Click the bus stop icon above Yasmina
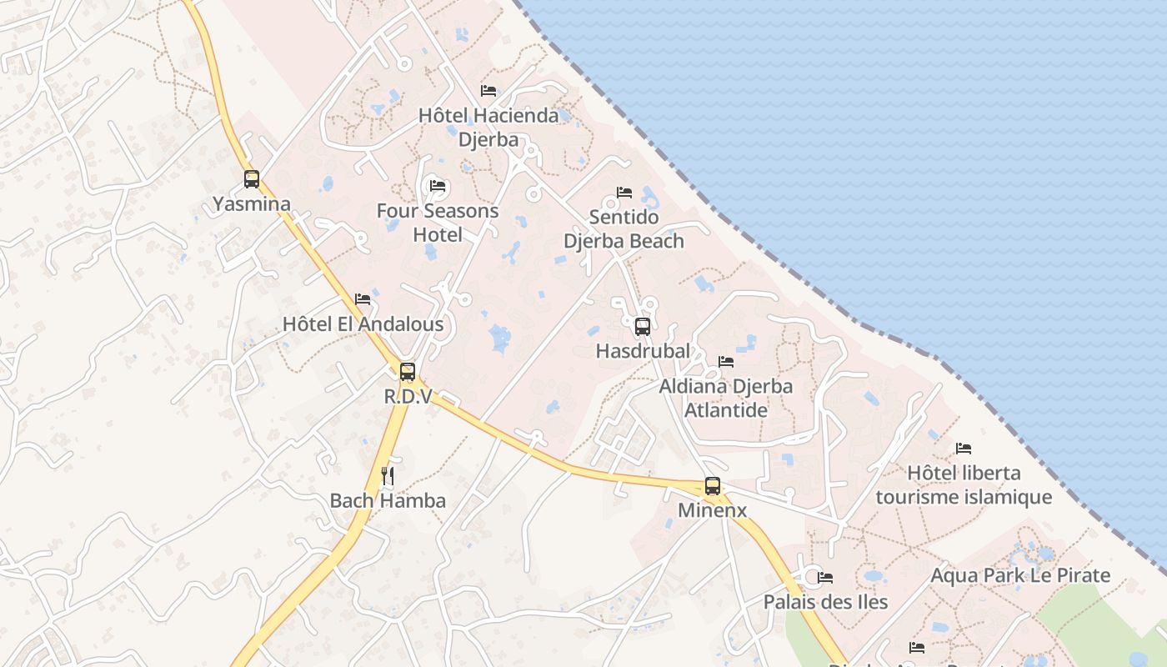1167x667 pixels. click(252, 179)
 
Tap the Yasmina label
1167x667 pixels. click(252, 204)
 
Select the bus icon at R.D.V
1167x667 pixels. click(407, 372)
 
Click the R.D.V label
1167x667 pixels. click(408, 397)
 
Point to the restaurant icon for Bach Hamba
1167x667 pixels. click(387, 476)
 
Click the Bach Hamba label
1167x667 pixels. click(388, 501)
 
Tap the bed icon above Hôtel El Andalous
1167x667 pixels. click(363, 298)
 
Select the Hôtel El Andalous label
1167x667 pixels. click(363, 323)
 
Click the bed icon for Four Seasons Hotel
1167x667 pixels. click(438, 186)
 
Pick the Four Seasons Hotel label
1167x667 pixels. click(438, 223)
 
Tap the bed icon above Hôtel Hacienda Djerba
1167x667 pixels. click(488, 90)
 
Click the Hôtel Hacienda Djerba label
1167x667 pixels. click(488, 127)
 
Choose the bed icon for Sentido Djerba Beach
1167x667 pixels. click(624, 193)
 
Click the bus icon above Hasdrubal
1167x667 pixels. click(642, 327)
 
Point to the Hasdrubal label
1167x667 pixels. click(643, 352)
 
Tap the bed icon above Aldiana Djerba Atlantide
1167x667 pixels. click(726, 362)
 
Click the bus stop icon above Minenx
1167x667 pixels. click(712, 486)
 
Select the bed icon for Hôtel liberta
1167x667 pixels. click(964, 449)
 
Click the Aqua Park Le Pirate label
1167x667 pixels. click(1020, 575)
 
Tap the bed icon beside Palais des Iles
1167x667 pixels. click(825, 577)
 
